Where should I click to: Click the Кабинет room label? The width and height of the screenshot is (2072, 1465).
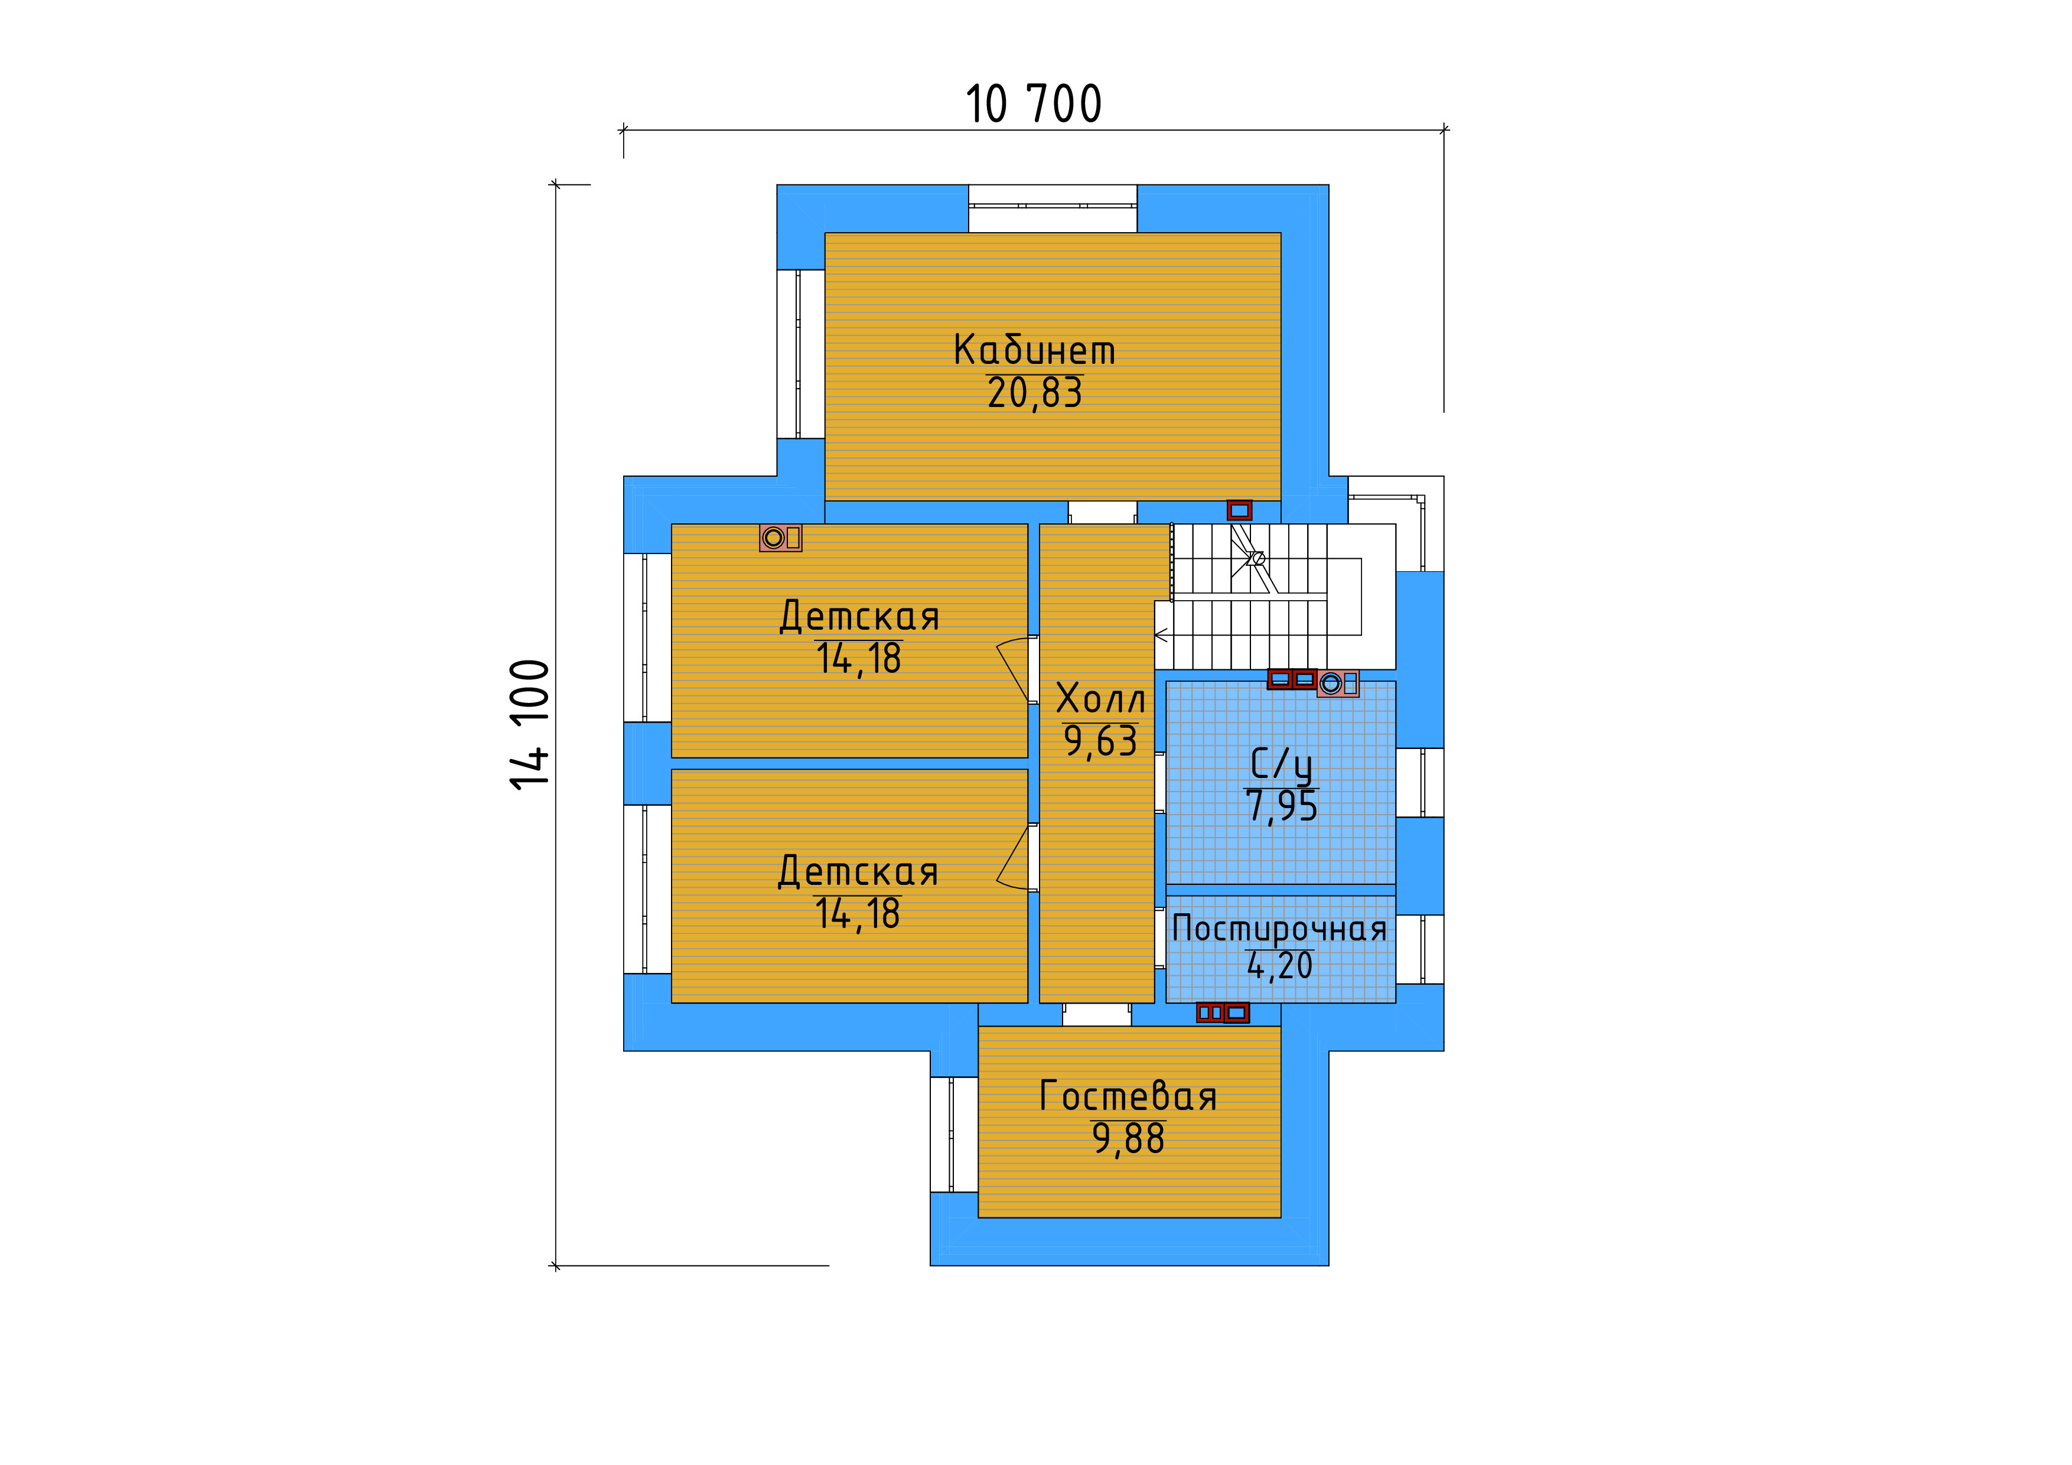[x=1034, y=350]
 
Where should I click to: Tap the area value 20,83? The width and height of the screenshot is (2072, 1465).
[x=1034, y=393]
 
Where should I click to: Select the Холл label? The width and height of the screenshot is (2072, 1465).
[x=1100, y=699]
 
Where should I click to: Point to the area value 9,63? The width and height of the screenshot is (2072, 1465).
[x=1100, y=741]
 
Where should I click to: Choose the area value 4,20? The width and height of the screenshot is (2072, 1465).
[x=1280, y=966]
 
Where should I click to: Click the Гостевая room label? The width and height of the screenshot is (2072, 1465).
[x=1128, y=1097]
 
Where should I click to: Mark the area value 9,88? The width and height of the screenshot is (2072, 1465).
[x=1128, y=1139]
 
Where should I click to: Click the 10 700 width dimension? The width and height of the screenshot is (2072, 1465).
[x=1033, y=104]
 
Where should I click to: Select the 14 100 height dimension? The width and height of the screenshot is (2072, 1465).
[x=530, y=725]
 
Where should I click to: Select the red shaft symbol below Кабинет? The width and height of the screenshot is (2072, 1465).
[x=1239, y=511]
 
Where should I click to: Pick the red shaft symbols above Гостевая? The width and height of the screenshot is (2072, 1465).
[x=1223, y=1013]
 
